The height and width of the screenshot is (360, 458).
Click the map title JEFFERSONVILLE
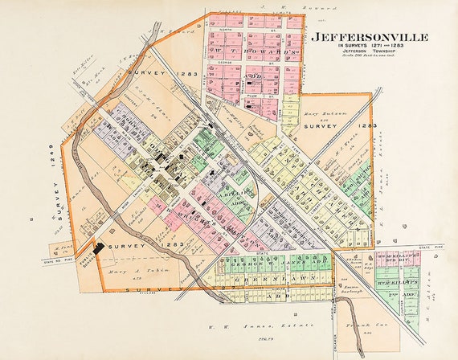tap(369, 37)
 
